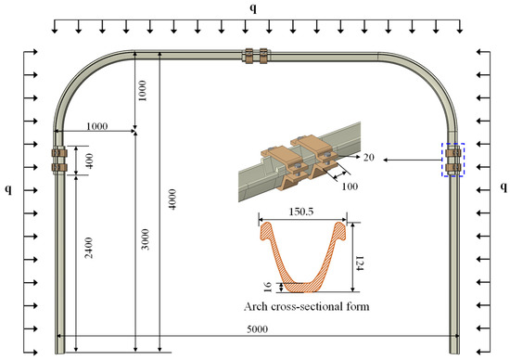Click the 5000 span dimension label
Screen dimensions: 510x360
click(257, 329)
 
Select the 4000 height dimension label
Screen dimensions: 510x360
click(172, 199)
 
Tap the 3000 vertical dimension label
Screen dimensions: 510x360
click(146, 239)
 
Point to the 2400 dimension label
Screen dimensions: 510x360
click(89, 248)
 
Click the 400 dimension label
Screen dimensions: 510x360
click(89, 161)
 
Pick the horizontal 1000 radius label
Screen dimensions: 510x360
click(97, 126)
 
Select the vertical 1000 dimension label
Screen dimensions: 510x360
click(143, 91)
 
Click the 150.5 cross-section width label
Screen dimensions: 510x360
click(301, 212)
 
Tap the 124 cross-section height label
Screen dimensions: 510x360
click(360, 264)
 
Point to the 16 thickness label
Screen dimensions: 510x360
click(268, 287)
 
